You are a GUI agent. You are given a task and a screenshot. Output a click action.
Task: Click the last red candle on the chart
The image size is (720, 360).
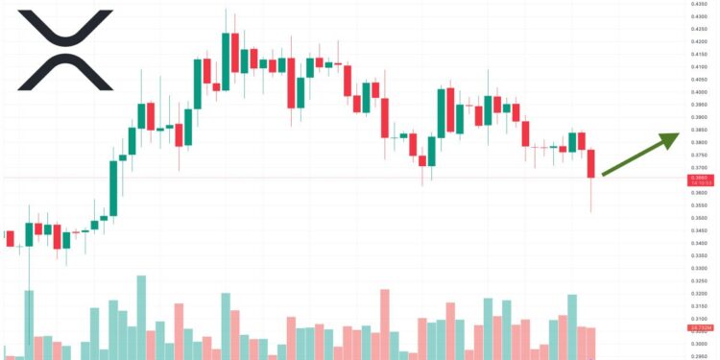pos(591,163)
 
